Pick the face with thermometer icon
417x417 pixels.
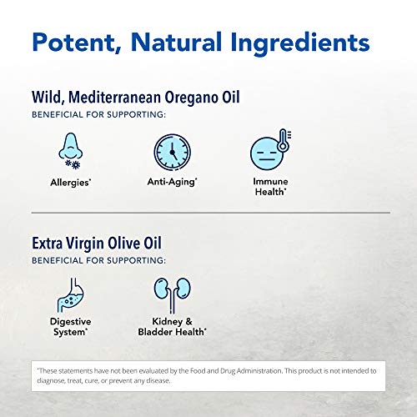click(x=269, y=153)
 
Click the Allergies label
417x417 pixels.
click(x=72, y=181)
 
